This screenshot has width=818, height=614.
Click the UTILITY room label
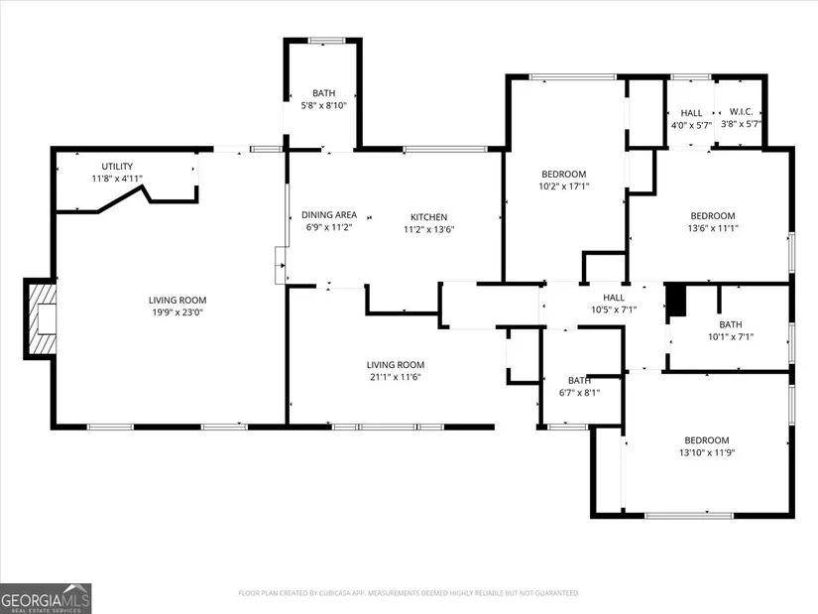117,166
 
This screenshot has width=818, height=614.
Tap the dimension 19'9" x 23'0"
177,312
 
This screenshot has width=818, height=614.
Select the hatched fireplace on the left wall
42,319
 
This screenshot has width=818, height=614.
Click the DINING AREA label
329,214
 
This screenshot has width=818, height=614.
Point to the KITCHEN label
428,216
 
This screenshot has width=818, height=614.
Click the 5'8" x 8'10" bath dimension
323,105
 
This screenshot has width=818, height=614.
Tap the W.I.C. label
741,112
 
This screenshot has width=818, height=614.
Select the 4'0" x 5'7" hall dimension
691,125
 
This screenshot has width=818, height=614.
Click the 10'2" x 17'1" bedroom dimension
564,185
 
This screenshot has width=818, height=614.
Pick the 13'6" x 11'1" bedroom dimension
713,227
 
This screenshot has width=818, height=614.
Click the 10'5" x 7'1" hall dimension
614,309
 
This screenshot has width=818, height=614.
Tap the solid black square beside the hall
676,301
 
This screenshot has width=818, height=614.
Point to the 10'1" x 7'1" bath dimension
731,337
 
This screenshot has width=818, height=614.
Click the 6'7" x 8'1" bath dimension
579,393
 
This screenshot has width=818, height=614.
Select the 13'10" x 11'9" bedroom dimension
707,452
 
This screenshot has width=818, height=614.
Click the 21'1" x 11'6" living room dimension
395,377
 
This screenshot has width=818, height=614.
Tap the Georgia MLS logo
46,598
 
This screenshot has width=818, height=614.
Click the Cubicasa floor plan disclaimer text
409,593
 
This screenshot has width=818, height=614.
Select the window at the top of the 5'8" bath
326,41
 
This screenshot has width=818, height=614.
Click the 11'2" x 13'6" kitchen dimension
428,229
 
